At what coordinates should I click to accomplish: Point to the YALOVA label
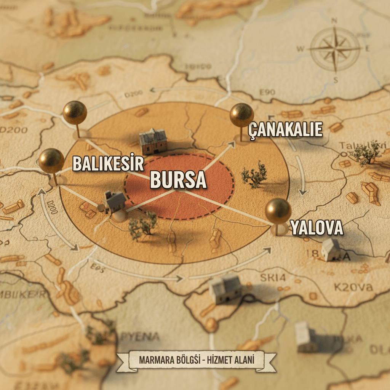click(x=317, y=228)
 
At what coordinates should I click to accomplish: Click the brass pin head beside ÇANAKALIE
click(x=241, y=115)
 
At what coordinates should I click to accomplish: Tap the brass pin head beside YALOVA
click(x=278, y=211)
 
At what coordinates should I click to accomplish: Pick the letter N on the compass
click(x=335, y=21)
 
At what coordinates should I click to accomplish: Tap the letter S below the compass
click(x=336, y=80)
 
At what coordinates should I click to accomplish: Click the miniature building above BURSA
click(x=153, y=141)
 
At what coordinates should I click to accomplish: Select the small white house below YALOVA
click(x=331, y=249)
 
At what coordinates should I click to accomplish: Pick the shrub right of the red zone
click(x=254, y=175)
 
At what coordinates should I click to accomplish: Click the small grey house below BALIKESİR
click(x=115, y=202)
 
